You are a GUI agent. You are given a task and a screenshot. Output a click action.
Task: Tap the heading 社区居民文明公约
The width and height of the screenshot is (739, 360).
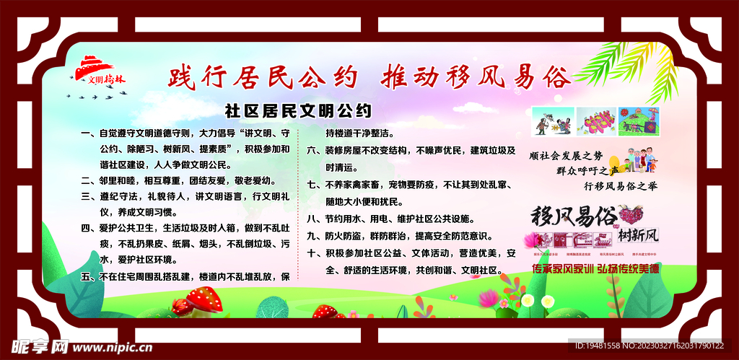pyautogui.click(x=298, y=111)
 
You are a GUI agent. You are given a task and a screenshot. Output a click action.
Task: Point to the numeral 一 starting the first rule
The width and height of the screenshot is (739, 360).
pyautogui.click(x=86, y=133)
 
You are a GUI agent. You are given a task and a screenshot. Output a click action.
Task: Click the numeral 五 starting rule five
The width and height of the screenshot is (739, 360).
pyautogui.click(x=86, y=276)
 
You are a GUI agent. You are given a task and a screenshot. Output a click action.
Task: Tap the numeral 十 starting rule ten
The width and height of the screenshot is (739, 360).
pyautogui.click(x=311, y=253)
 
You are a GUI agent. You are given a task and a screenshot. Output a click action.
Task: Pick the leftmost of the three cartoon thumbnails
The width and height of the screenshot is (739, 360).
pyautogui.click(x=552, y=121)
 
